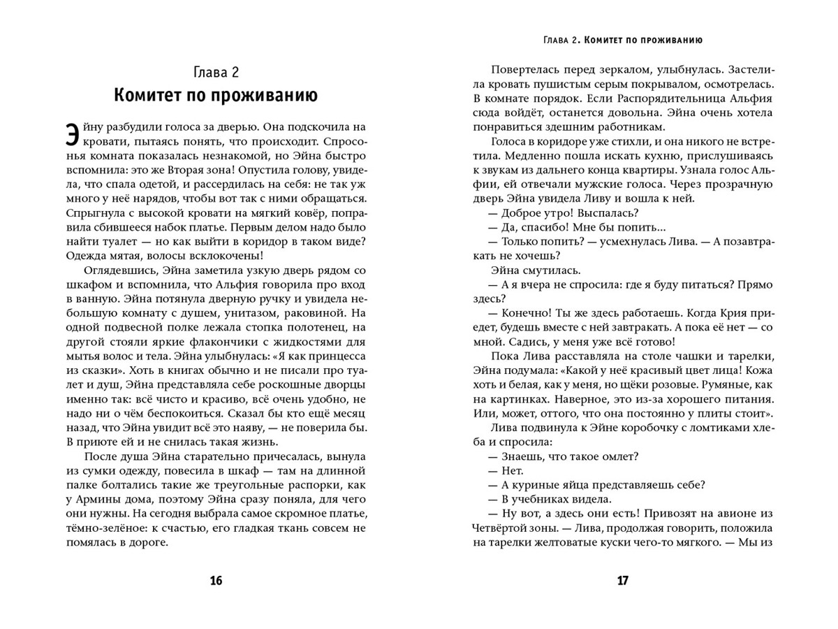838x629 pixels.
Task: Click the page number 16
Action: [216, 581]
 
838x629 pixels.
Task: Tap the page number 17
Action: [623, 581]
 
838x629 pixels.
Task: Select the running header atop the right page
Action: [622, 40]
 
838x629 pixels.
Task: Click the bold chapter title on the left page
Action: [216, 95]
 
